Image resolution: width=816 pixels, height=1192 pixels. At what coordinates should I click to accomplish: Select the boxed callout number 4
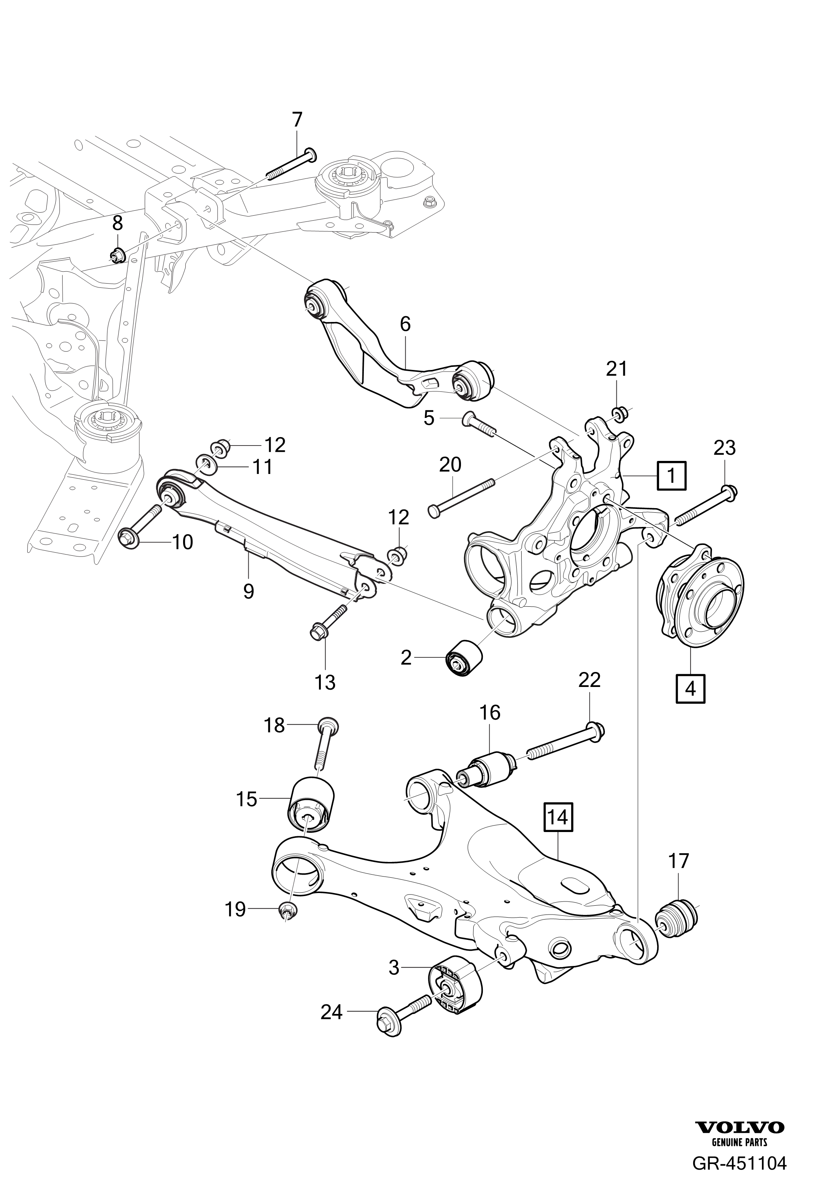[691, 688]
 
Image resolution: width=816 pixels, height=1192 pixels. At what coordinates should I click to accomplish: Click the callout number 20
[450, 465]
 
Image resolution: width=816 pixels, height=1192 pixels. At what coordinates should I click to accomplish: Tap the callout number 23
[724, 448]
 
